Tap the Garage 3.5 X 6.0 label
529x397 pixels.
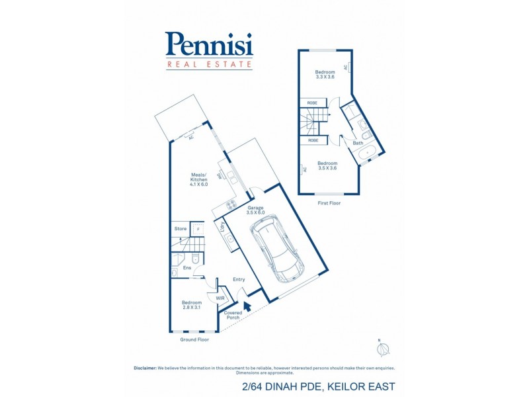coord(255,210)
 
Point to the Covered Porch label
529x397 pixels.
coord(233,315)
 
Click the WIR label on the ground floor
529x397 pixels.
coord(220,298)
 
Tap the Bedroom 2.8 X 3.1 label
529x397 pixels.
coord(192,305)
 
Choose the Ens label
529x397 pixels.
coord(187,268)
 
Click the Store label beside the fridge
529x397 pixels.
coord(180,229)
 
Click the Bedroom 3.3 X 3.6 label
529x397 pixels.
coord(325,74)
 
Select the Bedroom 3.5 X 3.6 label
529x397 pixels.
coord(327,165)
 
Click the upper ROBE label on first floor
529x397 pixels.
coord(312,103)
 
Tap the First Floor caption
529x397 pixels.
coord(329,203)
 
